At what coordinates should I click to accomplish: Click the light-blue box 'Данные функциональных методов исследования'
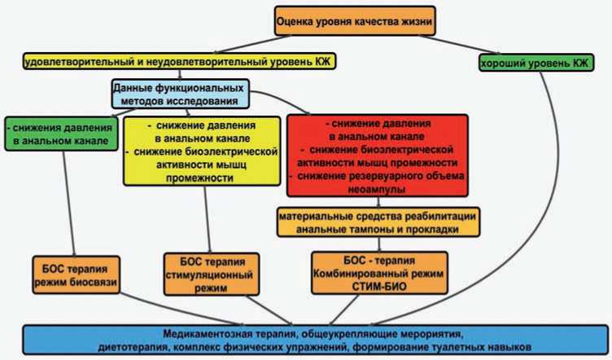click(179, 94)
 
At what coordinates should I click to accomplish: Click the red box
click(377, 156)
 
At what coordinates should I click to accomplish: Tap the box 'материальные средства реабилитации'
click(376, 222)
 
